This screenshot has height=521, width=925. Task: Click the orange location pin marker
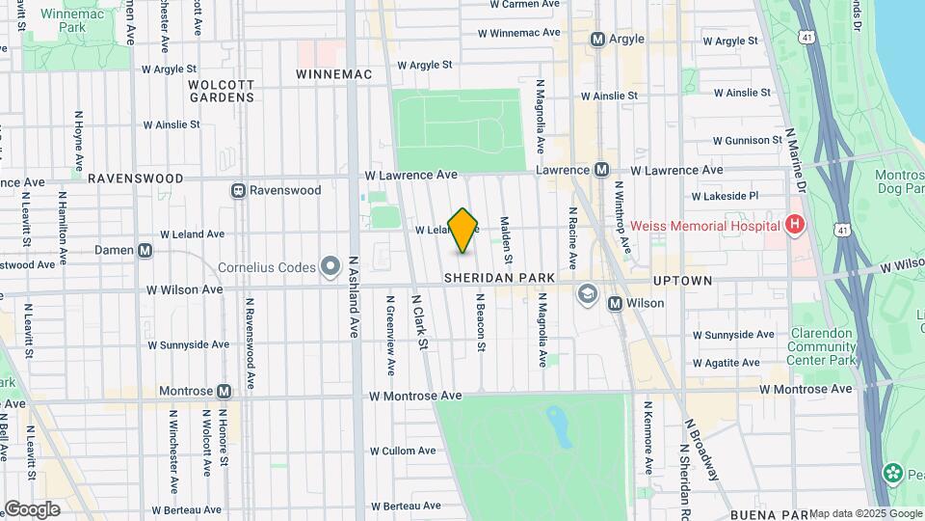(x=463, y=231)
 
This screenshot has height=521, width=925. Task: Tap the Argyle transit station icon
(x=597, y=40)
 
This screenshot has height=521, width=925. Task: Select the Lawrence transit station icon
(x=601, y=170)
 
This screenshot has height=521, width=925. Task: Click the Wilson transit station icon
(x=615, y=303)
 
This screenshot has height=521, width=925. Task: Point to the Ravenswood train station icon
(x=237, y=190)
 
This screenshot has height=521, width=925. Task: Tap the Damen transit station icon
(x=145, y=250)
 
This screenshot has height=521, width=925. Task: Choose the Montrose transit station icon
(x=224, y=391)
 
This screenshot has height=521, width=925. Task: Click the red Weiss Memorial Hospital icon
(x=794, y=226)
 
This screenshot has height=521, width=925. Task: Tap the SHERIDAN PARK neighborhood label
(x=500, y=279)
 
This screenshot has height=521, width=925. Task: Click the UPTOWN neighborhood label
(x=682, y=281)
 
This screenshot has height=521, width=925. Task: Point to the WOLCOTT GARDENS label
(x=221, y=91)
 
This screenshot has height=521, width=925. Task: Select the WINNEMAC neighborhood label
(x=333, y=74)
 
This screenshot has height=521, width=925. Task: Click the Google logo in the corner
(x=32, y=508)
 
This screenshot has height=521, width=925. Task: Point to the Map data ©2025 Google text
(x=865, y=513)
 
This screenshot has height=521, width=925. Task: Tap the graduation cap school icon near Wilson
(x=587, y=292)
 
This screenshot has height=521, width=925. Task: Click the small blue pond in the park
(x=556, y=420)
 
